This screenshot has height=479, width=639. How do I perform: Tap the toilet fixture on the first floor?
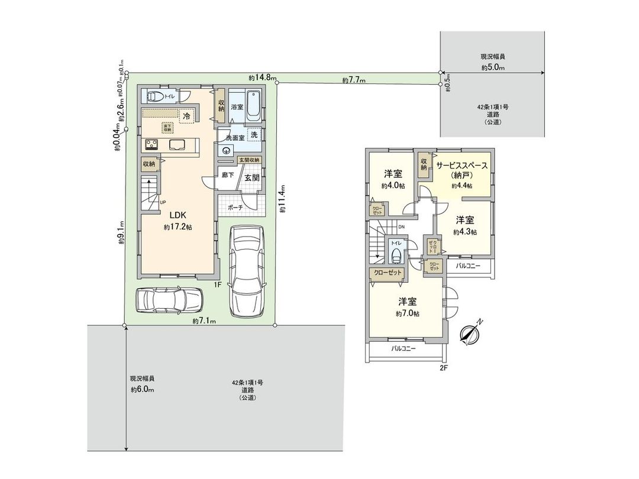(154, 96)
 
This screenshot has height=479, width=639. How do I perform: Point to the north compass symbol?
(472, 333)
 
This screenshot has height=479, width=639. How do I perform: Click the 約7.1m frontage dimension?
(204, 321)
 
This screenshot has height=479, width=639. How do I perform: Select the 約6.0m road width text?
(142, 390)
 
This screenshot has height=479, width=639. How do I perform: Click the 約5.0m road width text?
(492, 68)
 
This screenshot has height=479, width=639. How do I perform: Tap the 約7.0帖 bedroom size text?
(408, 314)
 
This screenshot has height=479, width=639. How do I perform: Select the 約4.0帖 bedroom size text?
(393, 186)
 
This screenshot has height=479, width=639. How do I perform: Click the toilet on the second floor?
(396, 254)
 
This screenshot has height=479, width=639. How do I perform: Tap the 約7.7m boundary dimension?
(354, 80)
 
